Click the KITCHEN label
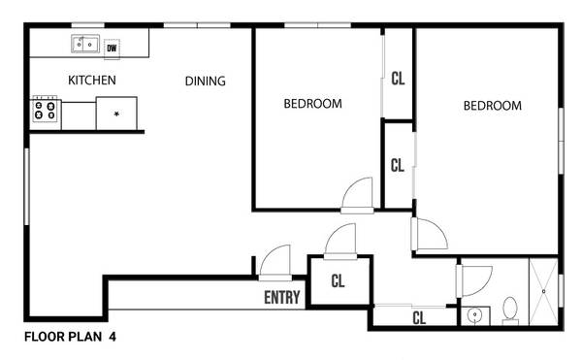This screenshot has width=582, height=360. pyautogui.click(x=92, y=80)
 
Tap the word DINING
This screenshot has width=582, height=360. pyautogui.click(x=206, y=81)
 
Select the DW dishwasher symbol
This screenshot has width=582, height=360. pyautogui.click(x=112, y=49)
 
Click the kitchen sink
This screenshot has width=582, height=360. pyautogui.click(x=85, y=44)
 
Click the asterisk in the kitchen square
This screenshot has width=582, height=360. pyautogui.click(x=116, y=114)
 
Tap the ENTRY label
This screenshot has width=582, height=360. pyautogui.click(x=282, y=297)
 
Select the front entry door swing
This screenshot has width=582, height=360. pyautogui.click(x=275, y=262)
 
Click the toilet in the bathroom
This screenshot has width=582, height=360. pyautogui.click(x=510, y=311)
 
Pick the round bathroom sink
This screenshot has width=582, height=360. pyautogui.click(x=474, y=315)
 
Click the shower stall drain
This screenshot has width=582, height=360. pyautogui.click(x=544, y=292)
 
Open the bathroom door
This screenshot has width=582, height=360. pyautogui.click(x=474, y=281)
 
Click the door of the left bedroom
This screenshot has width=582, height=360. pyautogui.click(x=357, y=195)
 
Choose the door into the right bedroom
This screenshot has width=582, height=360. pyautogui.click(x=430, y=234)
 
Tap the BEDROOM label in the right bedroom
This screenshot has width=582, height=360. pyautogui.click(x=492, y=106)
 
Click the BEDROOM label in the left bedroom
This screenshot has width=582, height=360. pyautogui.click(x=313, y=104)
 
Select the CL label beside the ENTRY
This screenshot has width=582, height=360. pyautogui.click(x=338, y=281)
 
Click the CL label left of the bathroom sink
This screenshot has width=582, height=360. pyautogui.click(x=419, y=318)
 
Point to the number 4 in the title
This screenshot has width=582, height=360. pyautogui.click(x=113, y=337)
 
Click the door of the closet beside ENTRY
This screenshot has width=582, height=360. pyautogui.click(x=340, y=241)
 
